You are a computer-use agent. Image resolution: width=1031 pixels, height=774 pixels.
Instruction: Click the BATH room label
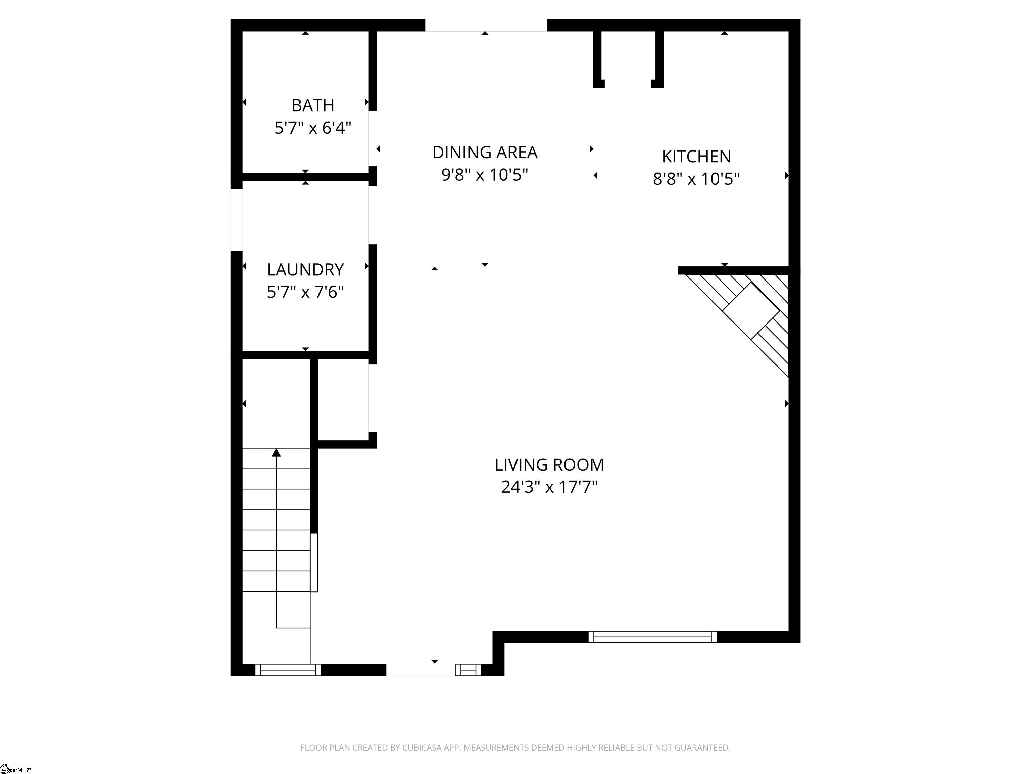313,105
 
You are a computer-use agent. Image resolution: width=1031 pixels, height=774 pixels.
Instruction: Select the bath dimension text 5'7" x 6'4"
313,127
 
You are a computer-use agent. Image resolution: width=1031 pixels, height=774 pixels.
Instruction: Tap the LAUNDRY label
305,270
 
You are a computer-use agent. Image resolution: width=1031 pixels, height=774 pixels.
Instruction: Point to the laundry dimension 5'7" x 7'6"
305,292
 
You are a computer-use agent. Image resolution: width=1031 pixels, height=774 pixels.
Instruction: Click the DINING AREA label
485,153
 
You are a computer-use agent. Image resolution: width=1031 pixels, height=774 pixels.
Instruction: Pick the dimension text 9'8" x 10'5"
485,175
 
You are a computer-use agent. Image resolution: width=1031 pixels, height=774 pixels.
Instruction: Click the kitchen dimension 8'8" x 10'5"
696,179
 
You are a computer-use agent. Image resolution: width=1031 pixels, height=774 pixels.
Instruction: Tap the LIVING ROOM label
549,465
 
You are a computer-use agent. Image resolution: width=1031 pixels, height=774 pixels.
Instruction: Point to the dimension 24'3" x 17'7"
549,487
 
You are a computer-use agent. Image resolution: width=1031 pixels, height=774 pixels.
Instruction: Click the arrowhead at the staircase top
277,452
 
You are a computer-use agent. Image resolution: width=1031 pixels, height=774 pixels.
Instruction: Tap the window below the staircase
288,670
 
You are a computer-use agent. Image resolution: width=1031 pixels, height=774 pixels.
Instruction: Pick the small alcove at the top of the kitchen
628,58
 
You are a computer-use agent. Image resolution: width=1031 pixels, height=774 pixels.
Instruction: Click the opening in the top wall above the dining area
486,25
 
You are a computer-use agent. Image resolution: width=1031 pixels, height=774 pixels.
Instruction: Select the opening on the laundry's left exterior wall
236,220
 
